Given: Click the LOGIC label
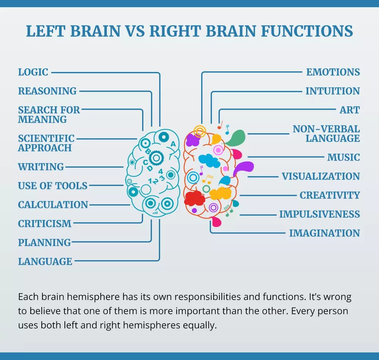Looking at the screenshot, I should pos(33,72).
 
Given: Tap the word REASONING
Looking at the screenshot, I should pos(47,91).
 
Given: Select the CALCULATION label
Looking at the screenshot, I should pos(53,205).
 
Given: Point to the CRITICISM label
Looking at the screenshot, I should pos(45,224).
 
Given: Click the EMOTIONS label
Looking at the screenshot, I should pos(333,72).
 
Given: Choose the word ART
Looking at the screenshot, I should pos(349,110).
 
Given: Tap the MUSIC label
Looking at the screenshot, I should pos(343,157).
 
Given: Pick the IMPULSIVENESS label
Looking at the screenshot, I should pos(319,214).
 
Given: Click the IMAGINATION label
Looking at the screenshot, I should pos(324,233).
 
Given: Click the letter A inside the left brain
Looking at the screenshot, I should pos(173,144).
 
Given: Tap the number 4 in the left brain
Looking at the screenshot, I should pos(161,171).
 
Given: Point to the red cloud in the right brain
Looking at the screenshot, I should pos(194,198).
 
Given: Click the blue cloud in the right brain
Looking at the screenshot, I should pos(209,161).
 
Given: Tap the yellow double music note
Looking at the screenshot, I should pos(207,178).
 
